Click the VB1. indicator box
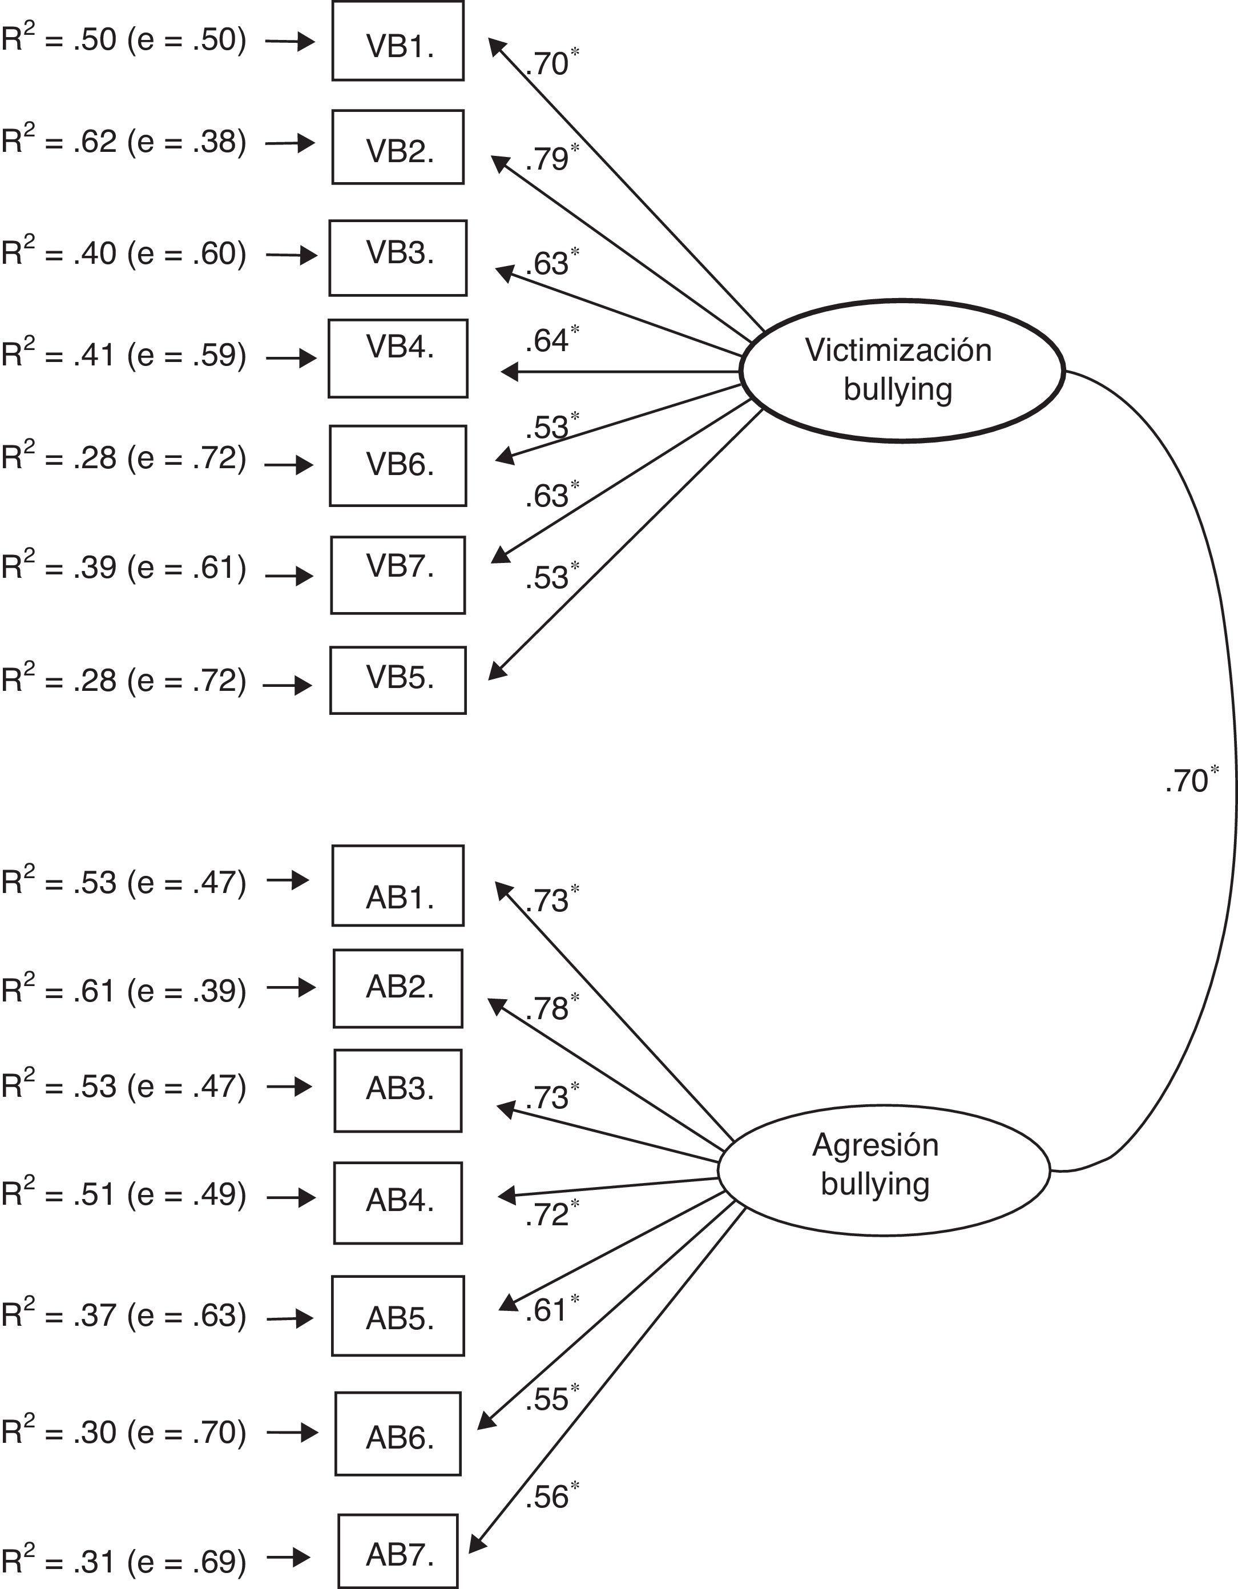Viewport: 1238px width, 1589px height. point(398,41)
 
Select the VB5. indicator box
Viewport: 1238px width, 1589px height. point(398,679)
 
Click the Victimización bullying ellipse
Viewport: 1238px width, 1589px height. point(902,371)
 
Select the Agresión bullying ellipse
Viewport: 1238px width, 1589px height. point(883,1170)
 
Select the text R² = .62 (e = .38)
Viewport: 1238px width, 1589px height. point(124,141)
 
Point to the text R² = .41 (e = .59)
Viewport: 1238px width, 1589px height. point(124,355)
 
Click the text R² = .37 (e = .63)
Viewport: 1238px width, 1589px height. point(124,1316)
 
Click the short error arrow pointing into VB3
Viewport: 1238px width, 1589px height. point(292,255)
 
